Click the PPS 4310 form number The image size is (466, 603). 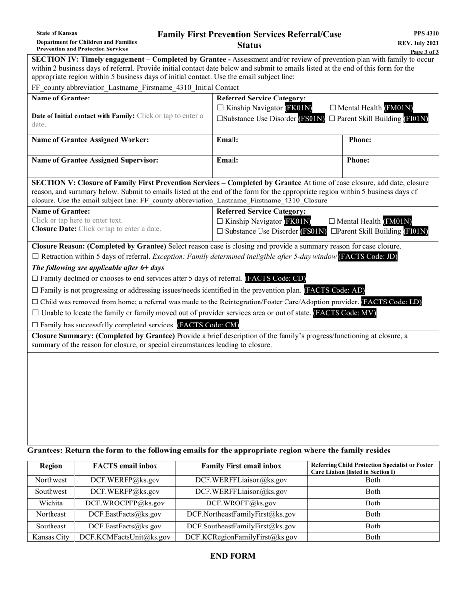tap(426, 33)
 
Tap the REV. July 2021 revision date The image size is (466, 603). tap(418, 43)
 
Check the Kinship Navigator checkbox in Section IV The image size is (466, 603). tap(220, 108)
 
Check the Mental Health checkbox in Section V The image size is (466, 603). tap(333, 221)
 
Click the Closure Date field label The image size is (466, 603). tap(54, 229)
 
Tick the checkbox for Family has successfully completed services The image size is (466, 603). tap(35, 325)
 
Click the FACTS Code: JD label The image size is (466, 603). tap(368, 257)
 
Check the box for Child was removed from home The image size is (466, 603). tap(35, 302)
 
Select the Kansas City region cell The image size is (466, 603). tap(51, 537)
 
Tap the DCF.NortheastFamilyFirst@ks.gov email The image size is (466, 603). tap(241, 514)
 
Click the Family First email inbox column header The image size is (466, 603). tap(241, 466)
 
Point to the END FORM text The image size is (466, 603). tap(233, 556)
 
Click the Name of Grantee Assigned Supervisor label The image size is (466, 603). tap(95, 160)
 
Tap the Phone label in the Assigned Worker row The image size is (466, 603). tap(360, 140)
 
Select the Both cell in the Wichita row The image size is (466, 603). tap(373, 503)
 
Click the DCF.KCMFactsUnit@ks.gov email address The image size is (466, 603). tap(125, 537)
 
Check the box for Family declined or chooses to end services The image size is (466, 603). tap(35, 279)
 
